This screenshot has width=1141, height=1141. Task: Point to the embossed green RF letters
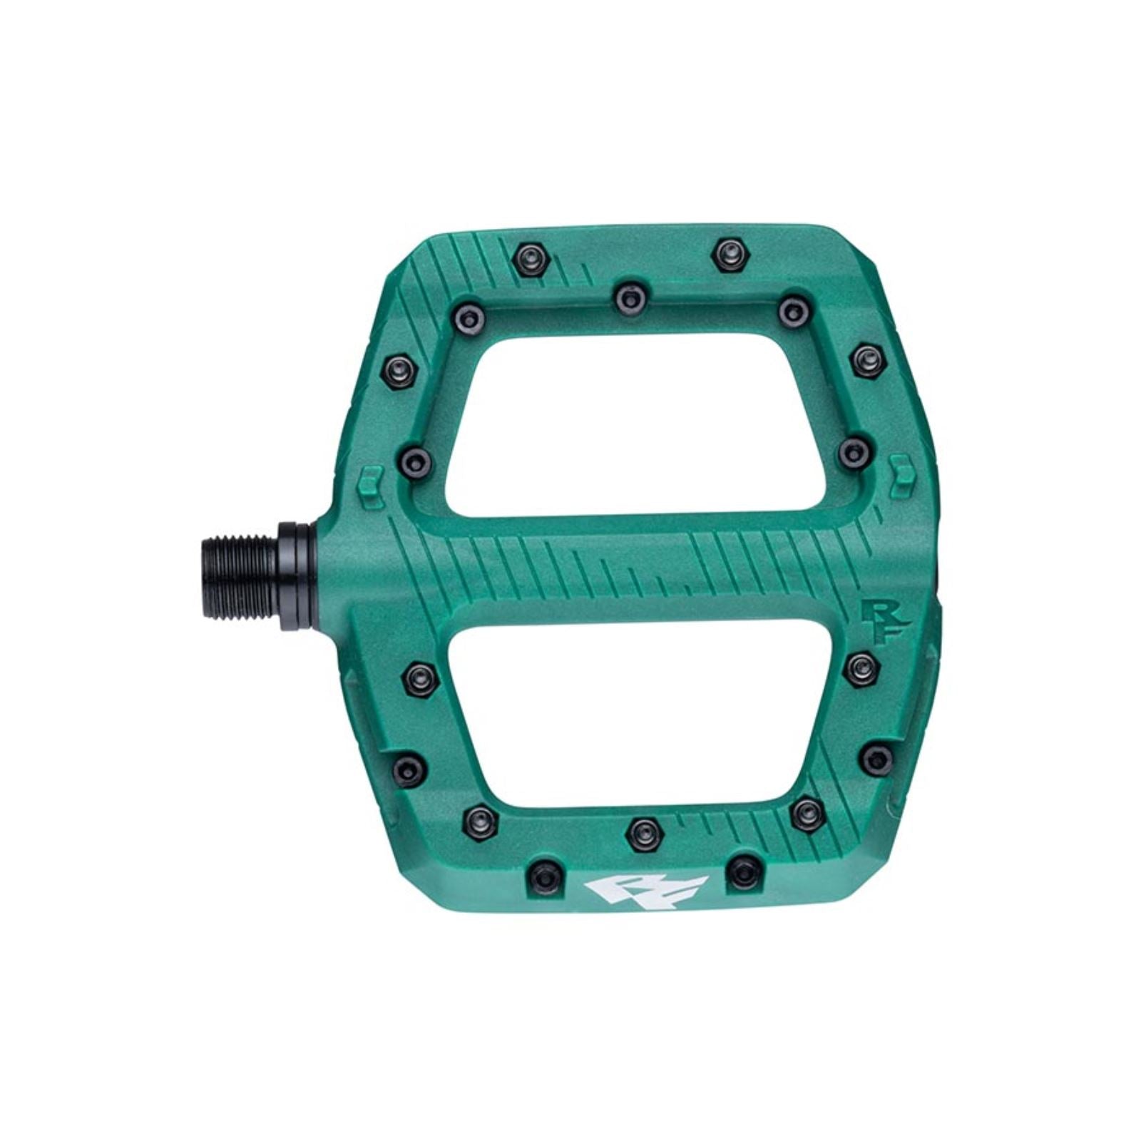[x=879, y=622]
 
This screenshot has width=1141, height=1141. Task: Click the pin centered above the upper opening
[x=628, y=295]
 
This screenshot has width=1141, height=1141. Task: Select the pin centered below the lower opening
[x=643, y=830]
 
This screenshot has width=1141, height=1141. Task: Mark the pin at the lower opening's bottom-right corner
[x=805, y=810]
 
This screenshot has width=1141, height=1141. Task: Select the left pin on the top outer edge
[x=530, y=255]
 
